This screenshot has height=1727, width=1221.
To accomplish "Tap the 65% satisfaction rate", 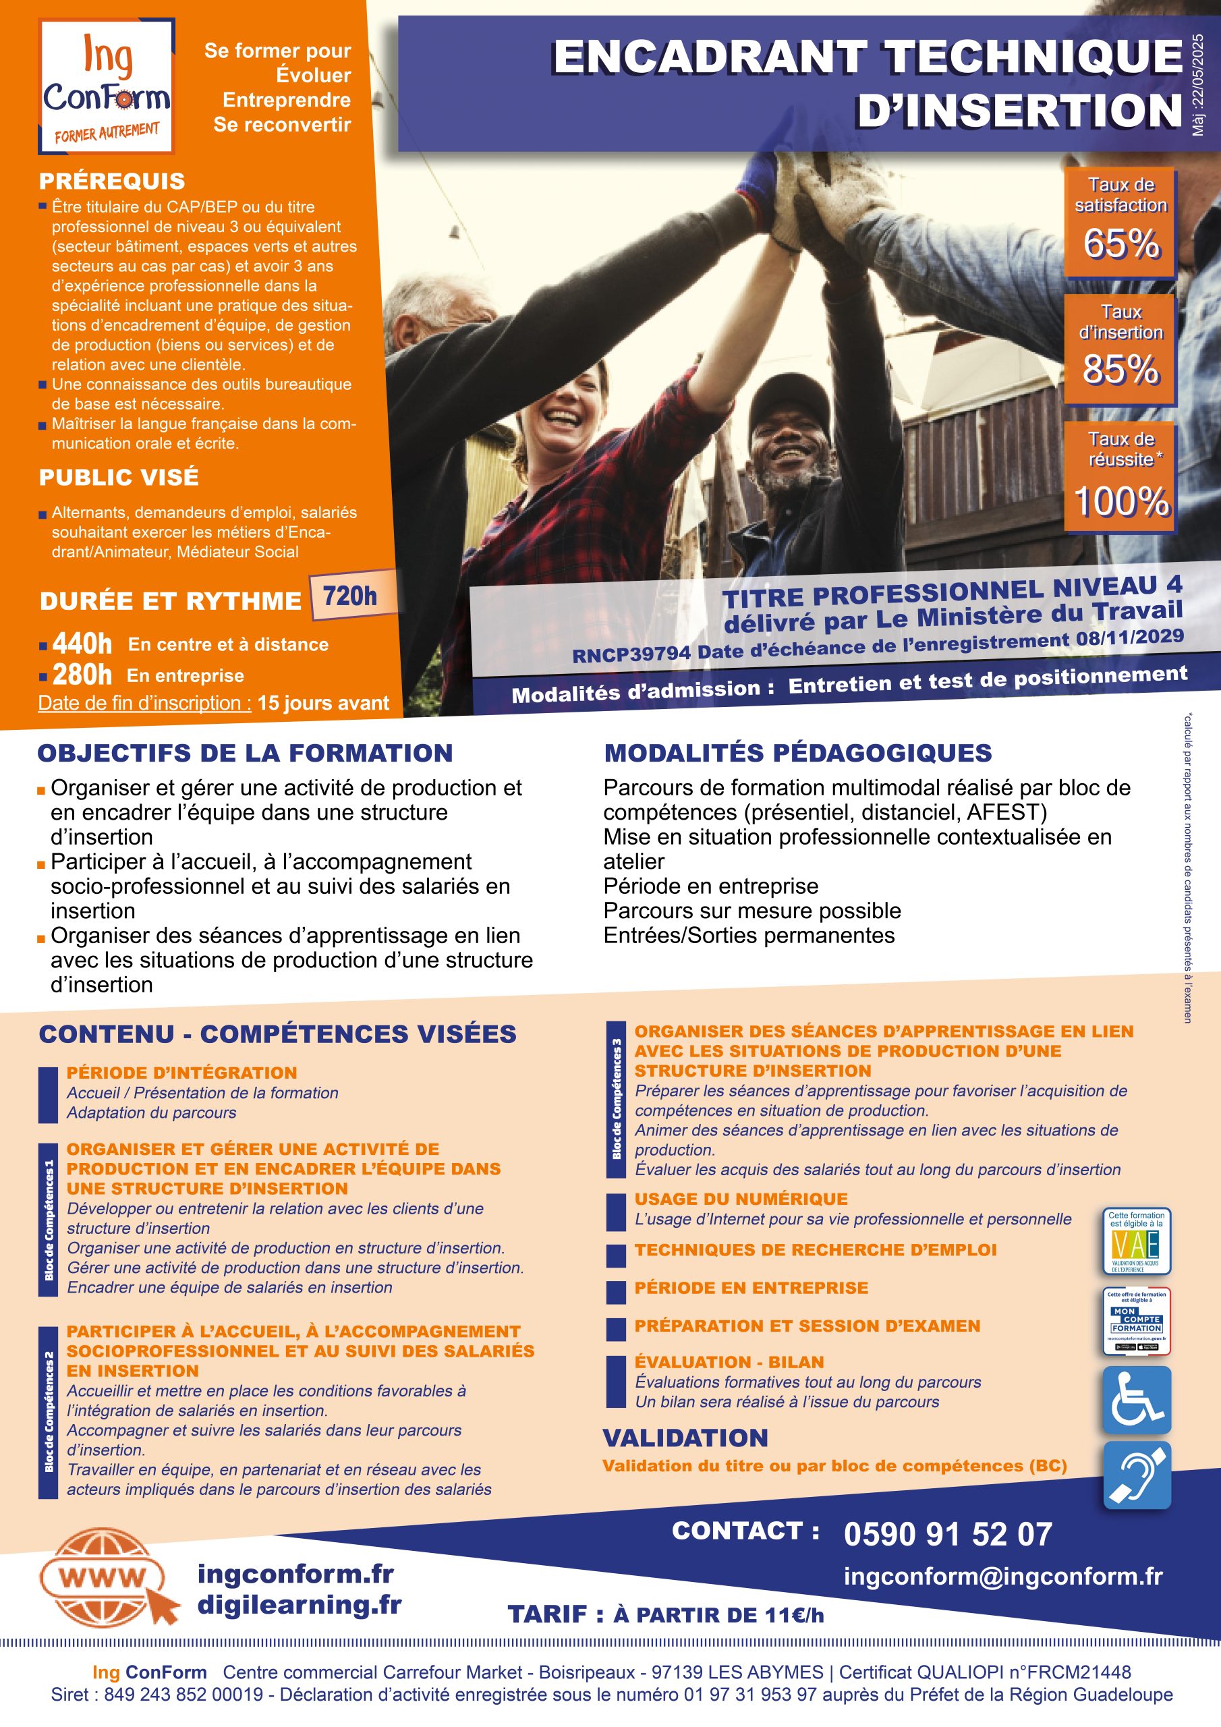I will pos(1121,243).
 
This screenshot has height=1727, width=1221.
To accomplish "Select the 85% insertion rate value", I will pos(1121,369).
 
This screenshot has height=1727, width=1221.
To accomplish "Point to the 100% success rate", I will pos(1121,500).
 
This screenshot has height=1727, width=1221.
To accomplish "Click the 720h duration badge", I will pos(351,596).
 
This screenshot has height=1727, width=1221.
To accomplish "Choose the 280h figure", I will pos(82,675).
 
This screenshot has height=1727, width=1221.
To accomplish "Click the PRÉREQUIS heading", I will pos(112,181).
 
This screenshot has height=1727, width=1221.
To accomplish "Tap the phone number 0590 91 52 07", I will pos(948,1535).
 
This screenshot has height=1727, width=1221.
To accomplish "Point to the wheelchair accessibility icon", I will pos(1137,1400).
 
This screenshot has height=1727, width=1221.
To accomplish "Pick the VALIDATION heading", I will pos(685,1438).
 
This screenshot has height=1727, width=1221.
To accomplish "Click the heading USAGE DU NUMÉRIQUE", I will pos(741,1199).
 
